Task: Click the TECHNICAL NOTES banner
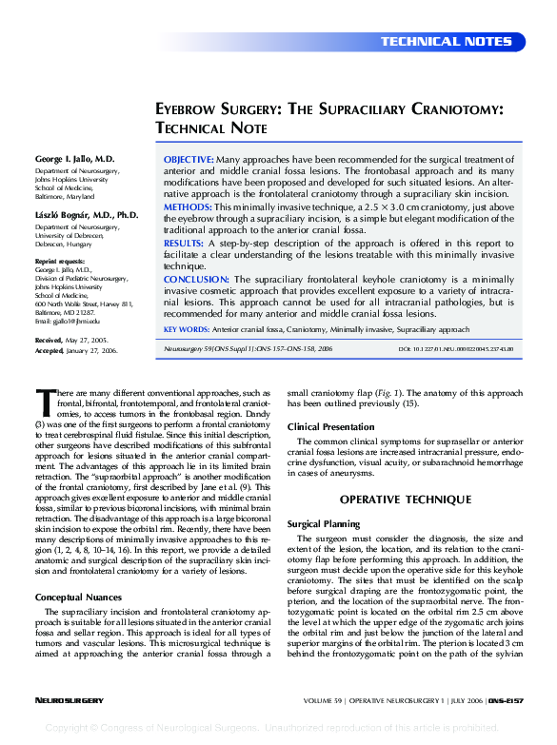click(447, 42)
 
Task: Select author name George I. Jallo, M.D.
click(75, 158)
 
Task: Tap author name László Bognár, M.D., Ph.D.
click(87, 216)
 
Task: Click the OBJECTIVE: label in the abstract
click(189, 159)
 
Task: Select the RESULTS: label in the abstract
click(185, 244)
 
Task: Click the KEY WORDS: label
click(186, 329)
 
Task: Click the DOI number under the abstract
click(456, 350)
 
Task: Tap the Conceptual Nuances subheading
click(78, 597)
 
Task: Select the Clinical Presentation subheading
click(330, 426)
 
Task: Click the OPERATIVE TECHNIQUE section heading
click(405, 500)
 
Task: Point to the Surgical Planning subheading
click(324, 523)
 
